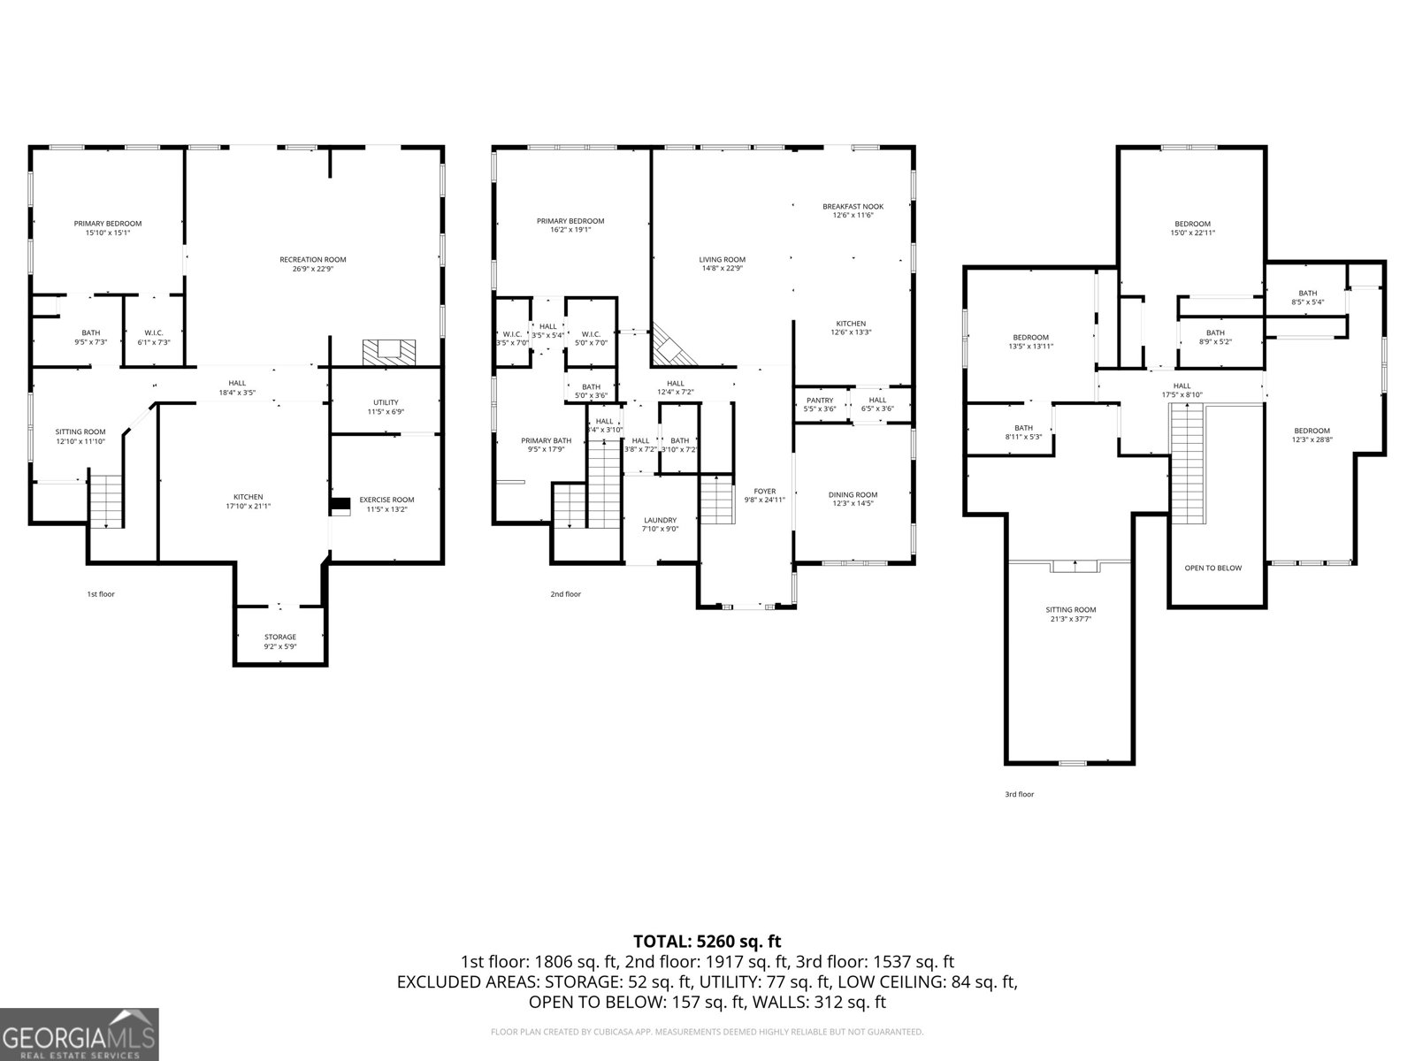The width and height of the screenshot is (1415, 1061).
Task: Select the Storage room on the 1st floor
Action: [x=280, y=637]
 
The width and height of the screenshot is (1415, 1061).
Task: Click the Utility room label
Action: [x=386, y=407]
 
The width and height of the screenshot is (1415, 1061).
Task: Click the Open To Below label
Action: [x=1212, y=568]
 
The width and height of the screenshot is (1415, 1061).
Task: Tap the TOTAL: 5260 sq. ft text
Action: [x=707, y=942]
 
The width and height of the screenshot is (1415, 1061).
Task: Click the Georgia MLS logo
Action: [x=80, y=1034]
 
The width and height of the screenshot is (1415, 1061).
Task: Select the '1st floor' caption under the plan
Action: [x=100, y=594]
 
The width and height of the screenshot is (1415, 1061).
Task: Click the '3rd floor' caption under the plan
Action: [x=1019, y=794]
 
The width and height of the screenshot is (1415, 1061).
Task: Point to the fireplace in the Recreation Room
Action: [x=387, y=351]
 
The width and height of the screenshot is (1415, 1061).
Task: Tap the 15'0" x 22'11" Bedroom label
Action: [x=1192, y=229]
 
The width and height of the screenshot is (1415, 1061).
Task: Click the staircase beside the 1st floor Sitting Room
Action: [x=106, y=501]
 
